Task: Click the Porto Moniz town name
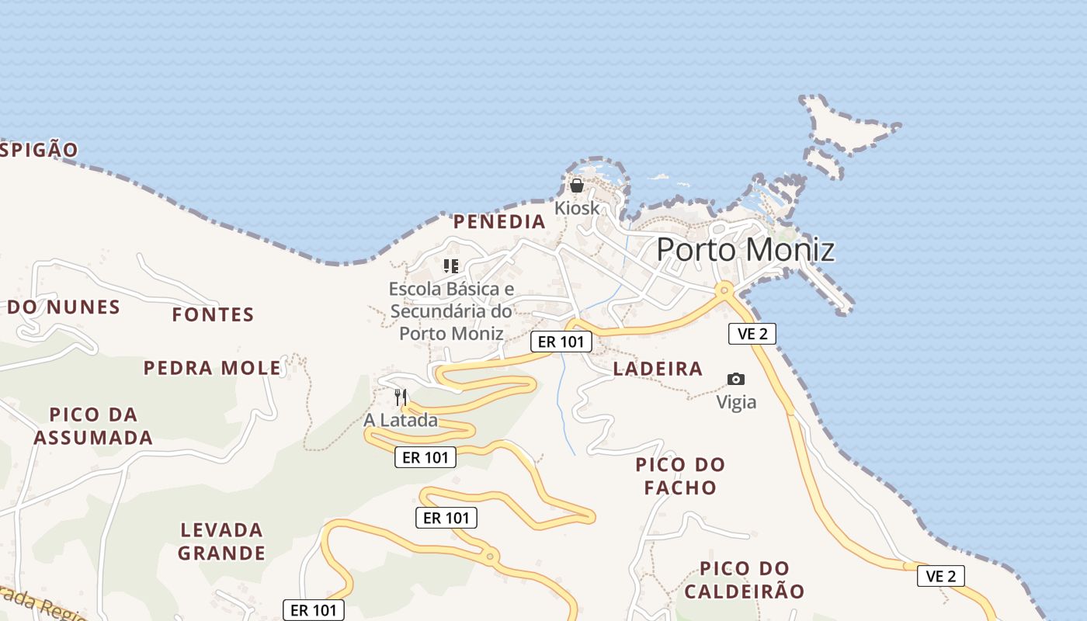point(745,250)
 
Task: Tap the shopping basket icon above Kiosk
point(577,186)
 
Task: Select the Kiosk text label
point(577,208)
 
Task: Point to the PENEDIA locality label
point(499,222)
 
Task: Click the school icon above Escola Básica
point(451,266)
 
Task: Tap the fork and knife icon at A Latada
point(401,397)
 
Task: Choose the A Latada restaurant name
point(401,421)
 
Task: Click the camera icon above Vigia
point(736,379)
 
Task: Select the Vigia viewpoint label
point(736,402)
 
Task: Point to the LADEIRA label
point(658,369)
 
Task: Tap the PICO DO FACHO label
point(680,476)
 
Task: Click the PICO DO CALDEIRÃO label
point(745,580)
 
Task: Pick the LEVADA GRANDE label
point(221,542)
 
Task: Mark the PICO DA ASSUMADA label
point(93,426)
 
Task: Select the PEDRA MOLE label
point(212,368)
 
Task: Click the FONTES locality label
point(213,314)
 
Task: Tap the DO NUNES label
point(64,307)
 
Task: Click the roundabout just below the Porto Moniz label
point(724,290)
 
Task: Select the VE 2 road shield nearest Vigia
point(752,334)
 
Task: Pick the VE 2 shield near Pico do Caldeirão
point(941,576)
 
